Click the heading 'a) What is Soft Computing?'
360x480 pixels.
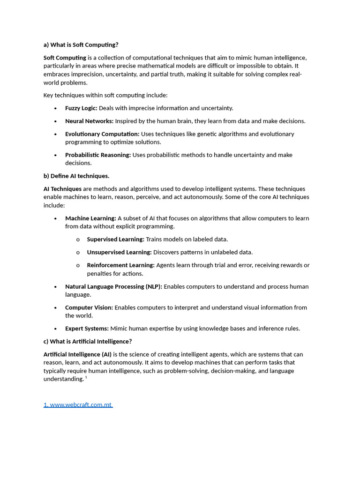pos(81,45)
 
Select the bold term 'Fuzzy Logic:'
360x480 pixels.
pos(81,108)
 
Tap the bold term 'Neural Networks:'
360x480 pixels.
pos(89,121)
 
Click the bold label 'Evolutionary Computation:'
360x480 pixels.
pos(102,134)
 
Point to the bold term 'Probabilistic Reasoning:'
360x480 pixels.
pos(98,155)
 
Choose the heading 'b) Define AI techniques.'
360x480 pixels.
pos(76,176)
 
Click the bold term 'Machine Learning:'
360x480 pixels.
pos(90,218)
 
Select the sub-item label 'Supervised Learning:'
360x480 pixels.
pos(115,240)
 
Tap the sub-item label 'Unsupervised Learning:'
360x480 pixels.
pos(119,252)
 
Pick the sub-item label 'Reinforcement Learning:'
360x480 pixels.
pos(120,265)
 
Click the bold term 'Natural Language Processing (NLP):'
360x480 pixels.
pos(113,286)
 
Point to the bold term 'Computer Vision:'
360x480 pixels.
pos(89,307)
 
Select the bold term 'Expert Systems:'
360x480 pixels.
pos(87,329)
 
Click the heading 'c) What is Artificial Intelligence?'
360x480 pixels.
pos(88,341)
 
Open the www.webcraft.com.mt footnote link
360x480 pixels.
pos(78,405)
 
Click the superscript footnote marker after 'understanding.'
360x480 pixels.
pos(86,377)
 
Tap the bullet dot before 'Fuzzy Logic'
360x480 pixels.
pos(55,108)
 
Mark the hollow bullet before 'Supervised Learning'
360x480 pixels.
pos(78,240)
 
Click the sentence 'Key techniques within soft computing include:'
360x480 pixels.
pos(105,95)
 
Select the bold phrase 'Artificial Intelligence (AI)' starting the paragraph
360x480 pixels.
pos(77,354)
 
